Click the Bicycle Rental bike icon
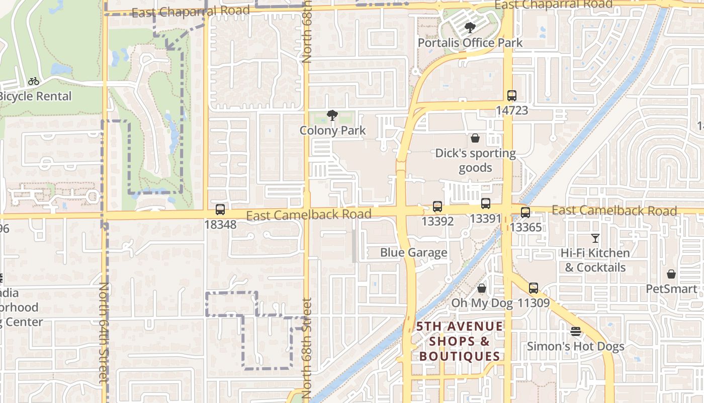(34, 81)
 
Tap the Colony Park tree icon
(332, 116)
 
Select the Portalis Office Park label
(470, 43)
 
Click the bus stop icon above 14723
(511, 95)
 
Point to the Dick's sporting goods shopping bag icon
(475, 138)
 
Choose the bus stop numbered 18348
(220, 210)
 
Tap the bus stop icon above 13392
(437, 207)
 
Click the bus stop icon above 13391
(485, 204)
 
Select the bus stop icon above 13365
(525, 213)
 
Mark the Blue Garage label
(413, 252)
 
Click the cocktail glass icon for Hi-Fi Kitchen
(595, 238)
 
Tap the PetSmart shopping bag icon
(671, 274)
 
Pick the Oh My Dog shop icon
(482, 288)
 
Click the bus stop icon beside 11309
(534, 288)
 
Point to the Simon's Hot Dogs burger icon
(576, 331)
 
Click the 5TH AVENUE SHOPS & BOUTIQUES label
(460, 342)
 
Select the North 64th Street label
(104, 332)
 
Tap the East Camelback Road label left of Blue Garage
(309, 215)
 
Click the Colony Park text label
(332, 130)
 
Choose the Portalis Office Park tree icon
(470, 28)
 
